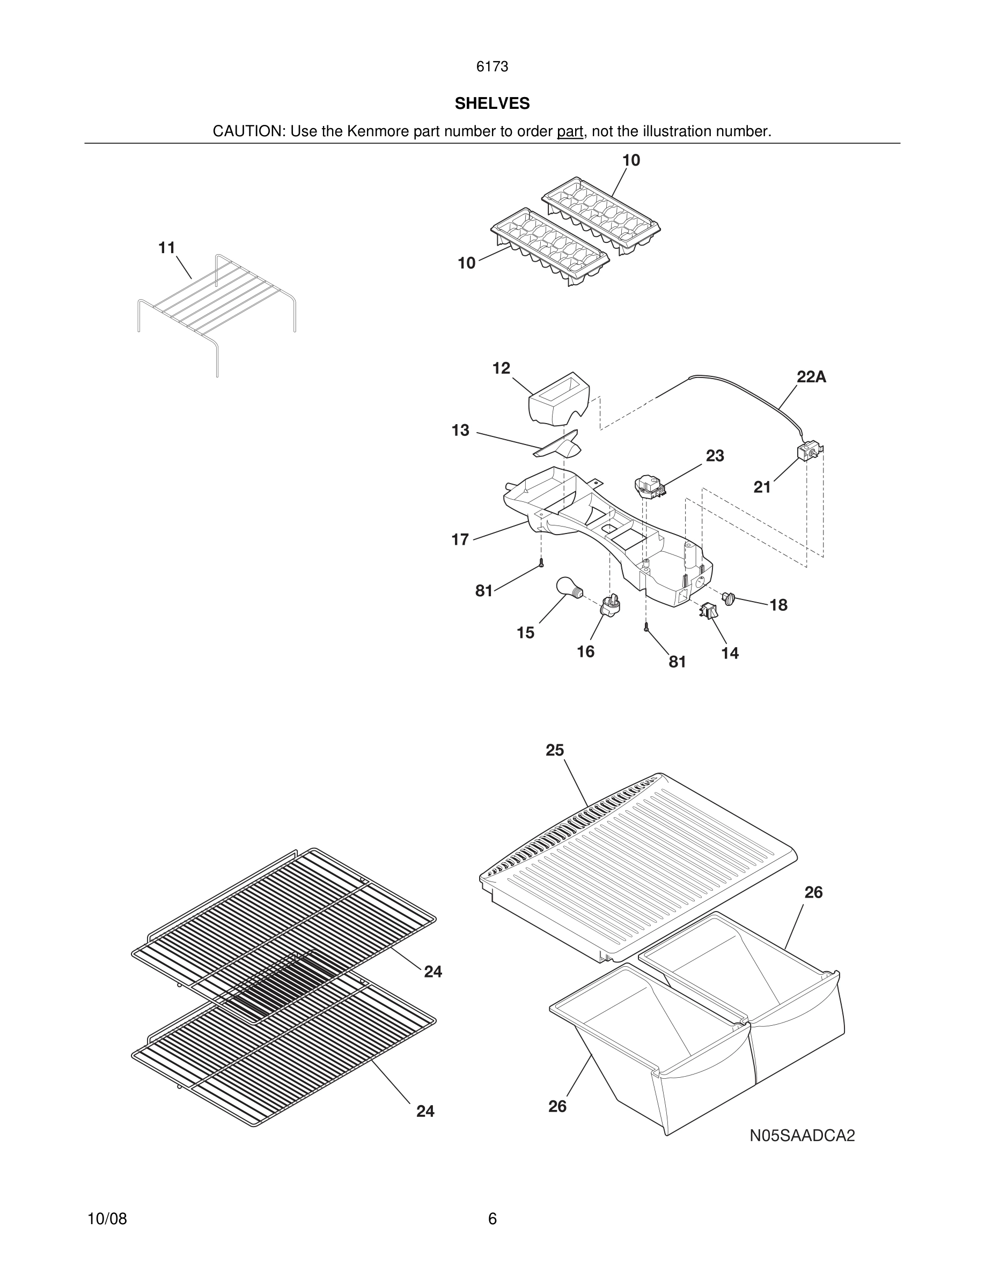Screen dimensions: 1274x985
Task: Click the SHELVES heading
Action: tap(492, 103)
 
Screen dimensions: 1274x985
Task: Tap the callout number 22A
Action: tap(811, 377)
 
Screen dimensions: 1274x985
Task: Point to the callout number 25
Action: tap(554, 750)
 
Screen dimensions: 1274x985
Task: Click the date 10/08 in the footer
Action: tap(107, 1219)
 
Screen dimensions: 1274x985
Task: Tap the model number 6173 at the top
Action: tap(492, 67)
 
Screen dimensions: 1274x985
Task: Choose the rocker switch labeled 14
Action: tap(708, 611)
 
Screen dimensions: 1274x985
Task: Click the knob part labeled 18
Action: tap(728, 597)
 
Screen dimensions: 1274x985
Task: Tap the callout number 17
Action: tap(460, 539)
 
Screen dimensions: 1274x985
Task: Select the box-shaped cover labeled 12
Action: tap(558, 399)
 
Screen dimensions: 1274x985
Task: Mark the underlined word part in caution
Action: tap(570, 131)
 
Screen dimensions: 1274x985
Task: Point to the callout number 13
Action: tap(460, 431)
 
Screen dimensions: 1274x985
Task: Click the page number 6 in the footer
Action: tap(492, 1219)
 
